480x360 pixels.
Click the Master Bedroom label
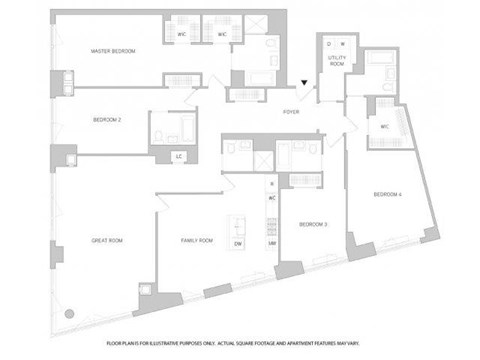tap(112, 50)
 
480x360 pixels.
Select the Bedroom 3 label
tap(313, 224)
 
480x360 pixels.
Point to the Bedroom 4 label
tap(389, 193)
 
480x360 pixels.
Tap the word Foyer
tap(291, 112)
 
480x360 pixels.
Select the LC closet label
tap(178, 156)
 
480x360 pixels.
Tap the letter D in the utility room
tap(329, 43)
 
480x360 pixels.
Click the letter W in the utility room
tap(342, 43)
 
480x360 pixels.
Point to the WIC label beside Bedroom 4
tap(384, 126)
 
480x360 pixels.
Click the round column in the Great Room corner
tap(68, 313)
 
